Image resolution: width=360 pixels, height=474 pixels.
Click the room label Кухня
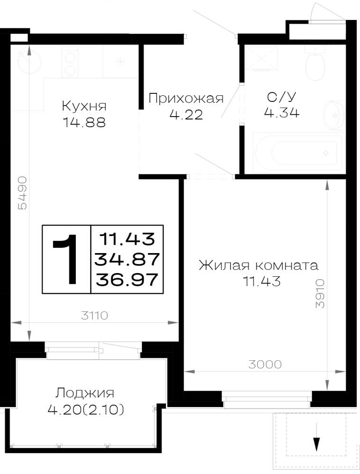tap(84, 106)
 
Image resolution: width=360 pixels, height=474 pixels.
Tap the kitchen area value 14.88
tap(84, 122)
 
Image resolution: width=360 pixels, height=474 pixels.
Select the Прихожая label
tap(186, 99)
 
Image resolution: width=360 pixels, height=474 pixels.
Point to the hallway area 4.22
tap(186, 115)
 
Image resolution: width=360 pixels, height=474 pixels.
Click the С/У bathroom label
tap(282, 97)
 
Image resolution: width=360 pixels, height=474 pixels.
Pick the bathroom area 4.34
tap(282, 113)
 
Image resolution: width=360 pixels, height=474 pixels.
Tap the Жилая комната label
tap(258, 265)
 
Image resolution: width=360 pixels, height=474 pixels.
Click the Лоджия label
tap(85, 393)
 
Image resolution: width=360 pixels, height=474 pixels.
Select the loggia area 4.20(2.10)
tap(86, 410)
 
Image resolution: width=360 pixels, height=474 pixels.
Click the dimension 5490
tap(23, 193)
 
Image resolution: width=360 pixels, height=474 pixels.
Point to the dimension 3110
tap(95, 316)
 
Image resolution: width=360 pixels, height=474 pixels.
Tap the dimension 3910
tap(320, 293)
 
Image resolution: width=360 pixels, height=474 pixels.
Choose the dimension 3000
tap(265, 364)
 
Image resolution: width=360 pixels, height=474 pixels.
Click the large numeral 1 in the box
tap(66, 259)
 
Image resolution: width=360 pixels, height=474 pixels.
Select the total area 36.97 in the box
tap(127, 279)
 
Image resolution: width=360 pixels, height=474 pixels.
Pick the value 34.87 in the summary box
tap(127, 259)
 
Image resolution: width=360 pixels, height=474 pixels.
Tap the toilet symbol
tap(315, 63)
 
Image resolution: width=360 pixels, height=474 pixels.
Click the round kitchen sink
tap(29, 61)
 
